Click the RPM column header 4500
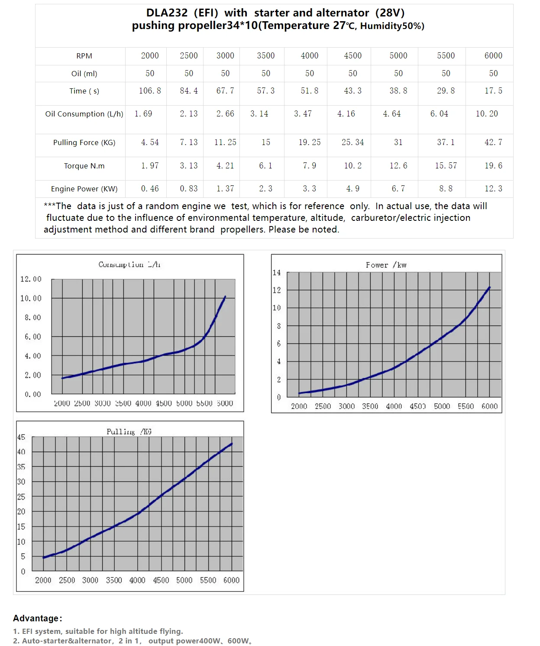(352, 55)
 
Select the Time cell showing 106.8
(150, 90)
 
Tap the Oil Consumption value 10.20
(487, 113)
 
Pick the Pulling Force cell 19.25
(309, 142)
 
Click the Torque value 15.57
(446, 165)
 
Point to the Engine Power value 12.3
(493, 188)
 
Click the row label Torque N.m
(84, 166)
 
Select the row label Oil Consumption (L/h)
(84, 114)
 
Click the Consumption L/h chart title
(129, 265)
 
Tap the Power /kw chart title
(386, 265)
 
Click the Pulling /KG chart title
(129, 432)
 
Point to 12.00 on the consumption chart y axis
(31, 279)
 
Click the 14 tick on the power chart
(277, 272)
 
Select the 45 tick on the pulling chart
(21, 437)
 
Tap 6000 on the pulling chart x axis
(231, 580)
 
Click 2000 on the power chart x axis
(299, 406)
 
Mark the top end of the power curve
(489, 287)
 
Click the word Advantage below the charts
(36, 618)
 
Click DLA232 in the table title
(167, 13)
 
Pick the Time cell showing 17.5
(493, 90)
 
